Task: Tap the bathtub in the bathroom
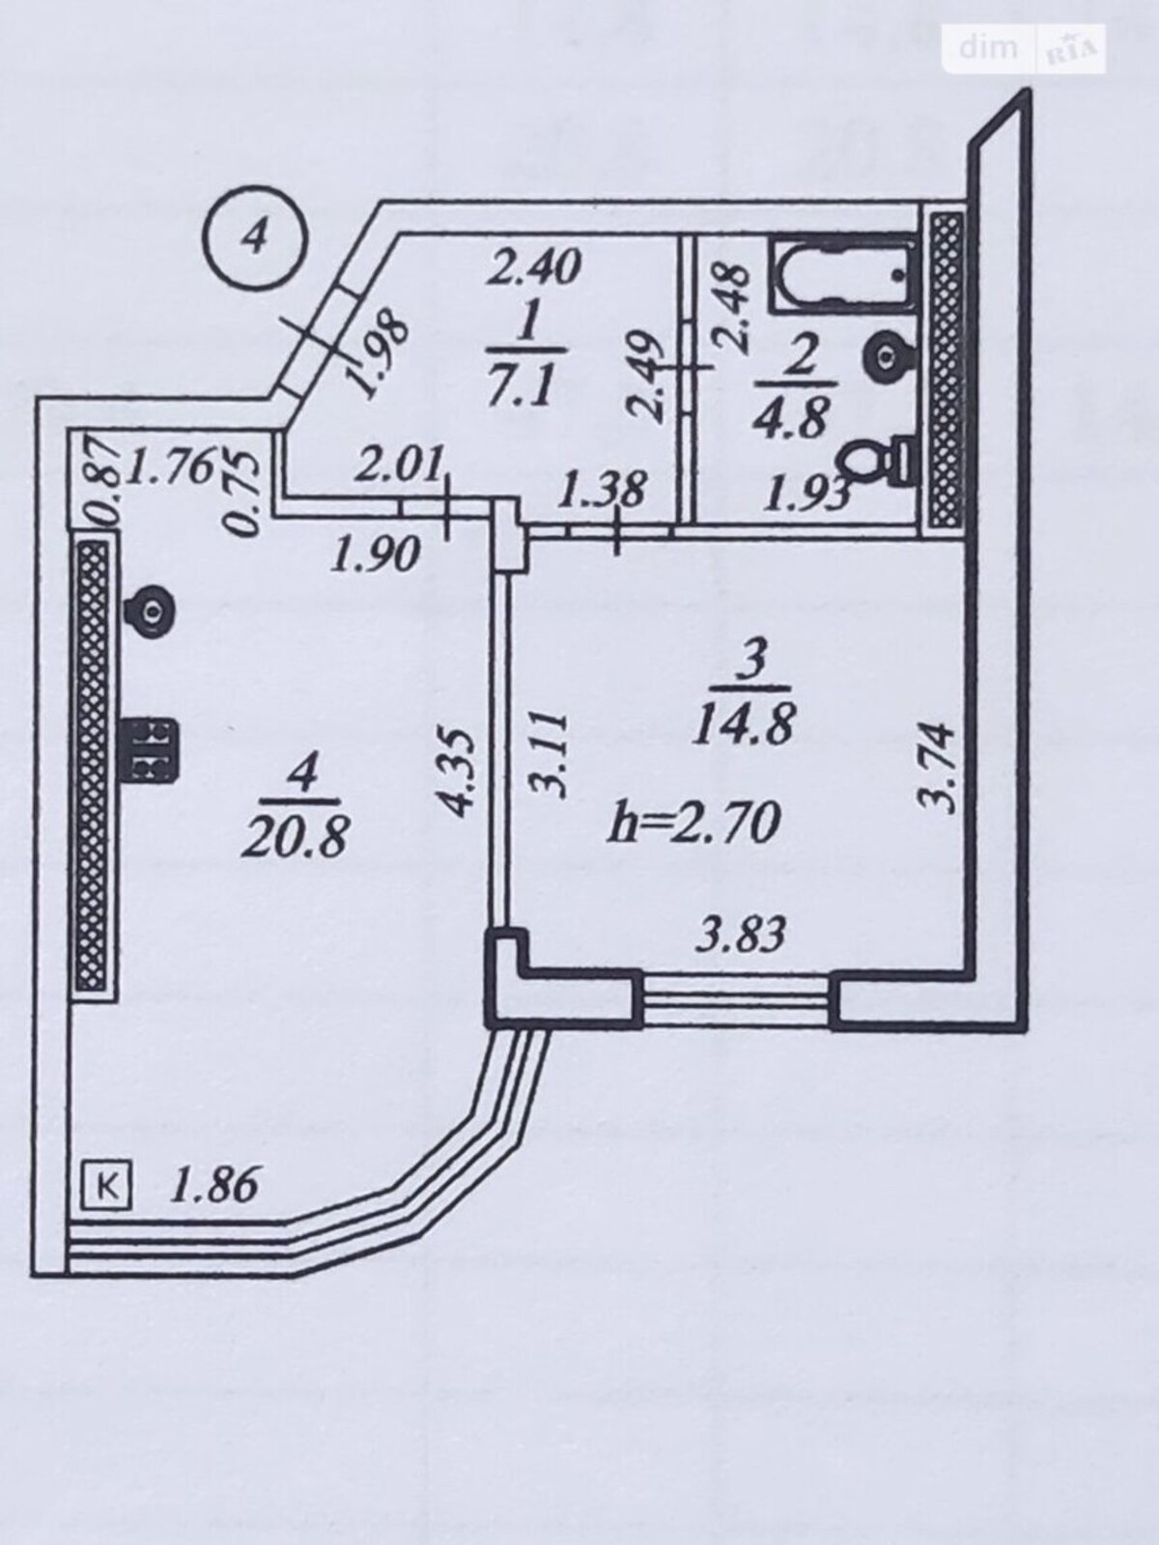pos(844,276)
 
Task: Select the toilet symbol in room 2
pos(877,458)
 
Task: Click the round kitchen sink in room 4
pos(149,611)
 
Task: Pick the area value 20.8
pos(295,838)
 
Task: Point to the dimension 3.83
pos(740,936)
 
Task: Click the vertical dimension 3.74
pos(939,770)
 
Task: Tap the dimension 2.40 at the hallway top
pos(535,268)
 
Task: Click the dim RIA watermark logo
pos(1024,49)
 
